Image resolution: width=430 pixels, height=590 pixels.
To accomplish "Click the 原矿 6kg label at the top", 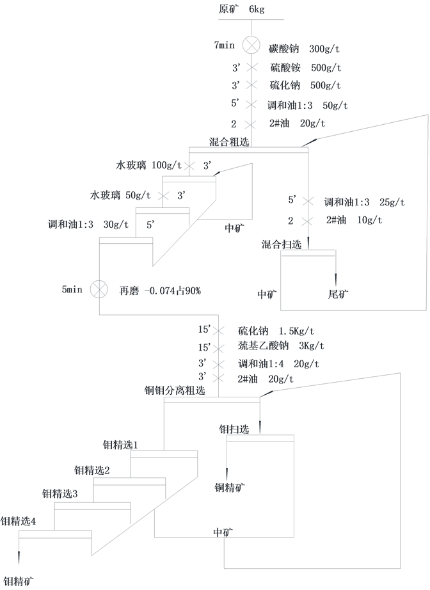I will pyautogui.click(x=241, y=10).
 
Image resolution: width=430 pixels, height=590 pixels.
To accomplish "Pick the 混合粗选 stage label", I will pyautogui.click(x=229, y=141).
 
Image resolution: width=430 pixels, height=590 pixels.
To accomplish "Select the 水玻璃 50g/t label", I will pyautogui.click(x=120, y=195).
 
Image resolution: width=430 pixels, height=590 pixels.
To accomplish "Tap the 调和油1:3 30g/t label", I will pyautogui.click(x=88, y=225).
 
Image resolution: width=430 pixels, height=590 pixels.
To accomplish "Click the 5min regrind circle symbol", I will pyautogui.click(x=99, y=289).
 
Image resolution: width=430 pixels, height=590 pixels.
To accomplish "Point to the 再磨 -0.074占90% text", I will pyautogui.click(x=160, y=291).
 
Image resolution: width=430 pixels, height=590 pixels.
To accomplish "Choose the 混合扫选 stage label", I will pyautogui.click(x=282, y=244).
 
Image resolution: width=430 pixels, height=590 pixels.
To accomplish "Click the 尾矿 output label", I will pyautogui.click(x=338, y=294).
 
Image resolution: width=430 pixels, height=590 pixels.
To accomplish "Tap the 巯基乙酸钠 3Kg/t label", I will pyautogui.click(x=281, y=347).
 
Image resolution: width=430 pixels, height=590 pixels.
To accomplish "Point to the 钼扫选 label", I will pyautogui.click(x=234, y=429).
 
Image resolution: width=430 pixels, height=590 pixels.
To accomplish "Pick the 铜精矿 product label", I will pyautogui.click(x=230, y=488).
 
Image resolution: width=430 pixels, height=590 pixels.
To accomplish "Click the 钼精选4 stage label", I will pyautogui.click(x=18, y=522).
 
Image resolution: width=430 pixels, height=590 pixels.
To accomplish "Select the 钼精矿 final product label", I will pyautogui.click(x=19, y=581).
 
